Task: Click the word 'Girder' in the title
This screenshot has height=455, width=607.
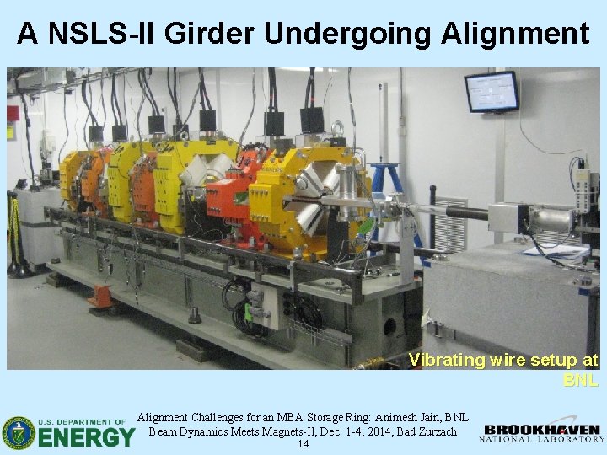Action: click(211, 33)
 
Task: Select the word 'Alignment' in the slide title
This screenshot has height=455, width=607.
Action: click(514, 33)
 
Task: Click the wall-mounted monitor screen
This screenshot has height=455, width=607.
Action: click(491, 91)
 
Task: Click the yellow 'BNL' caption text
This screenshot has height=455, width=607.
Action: click(580, 380)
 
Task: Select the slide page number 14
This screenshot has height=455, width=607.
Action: click(303, 444)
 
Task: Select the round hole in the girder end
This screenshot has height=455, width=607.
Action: click(390, 327)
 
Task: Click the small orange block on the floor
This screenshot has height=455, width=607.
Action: click(102, 295)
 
